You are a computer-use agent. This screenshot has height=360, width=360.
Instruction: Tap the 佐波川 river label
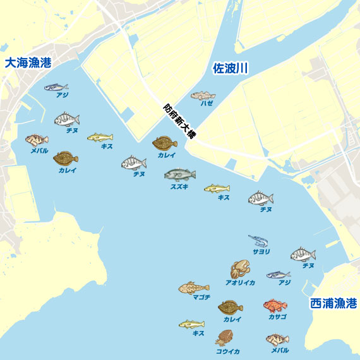229,68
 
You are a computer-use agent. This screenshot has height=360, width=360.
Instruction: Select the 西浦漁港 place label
333,303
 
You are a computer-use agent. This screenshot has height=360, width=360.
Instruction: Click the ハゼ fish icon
203,95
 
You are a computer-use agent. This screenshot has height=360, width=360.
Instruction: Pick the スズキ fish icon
179,174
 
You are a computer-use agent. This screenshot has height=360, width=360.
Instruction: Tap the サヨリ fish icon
259,241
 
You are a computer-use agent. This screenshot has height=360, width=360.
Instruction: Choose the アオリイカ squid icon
240,270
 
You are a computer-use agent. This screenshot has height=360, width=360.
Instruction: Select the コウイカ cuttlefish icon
225,338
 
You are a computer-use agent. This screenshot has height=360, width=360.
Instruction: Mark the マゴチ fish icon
193,288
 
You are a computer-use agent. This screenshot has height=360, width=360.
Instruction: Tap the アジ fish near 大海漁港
56,87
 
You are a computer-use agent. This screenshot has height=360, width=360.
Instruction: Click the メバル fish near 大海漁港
37,140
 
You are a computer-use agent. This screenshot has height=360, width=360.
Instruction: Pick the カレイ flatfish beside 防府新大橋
165,143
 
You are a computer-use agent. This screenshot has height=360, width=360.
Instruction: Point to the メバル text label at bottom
279,350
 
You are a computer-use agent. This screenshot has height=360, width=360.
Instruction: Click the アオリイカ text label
240,283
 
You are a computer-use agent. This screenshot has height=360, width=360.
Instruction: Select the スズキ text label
179,186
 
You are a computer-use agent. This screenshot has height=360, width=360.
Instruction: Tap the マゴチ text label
201,297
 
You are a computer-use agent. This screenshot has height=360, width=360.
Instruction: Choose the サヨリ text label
261,251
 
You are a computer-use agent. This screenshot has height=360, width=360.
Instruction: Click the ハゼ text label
207,103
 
